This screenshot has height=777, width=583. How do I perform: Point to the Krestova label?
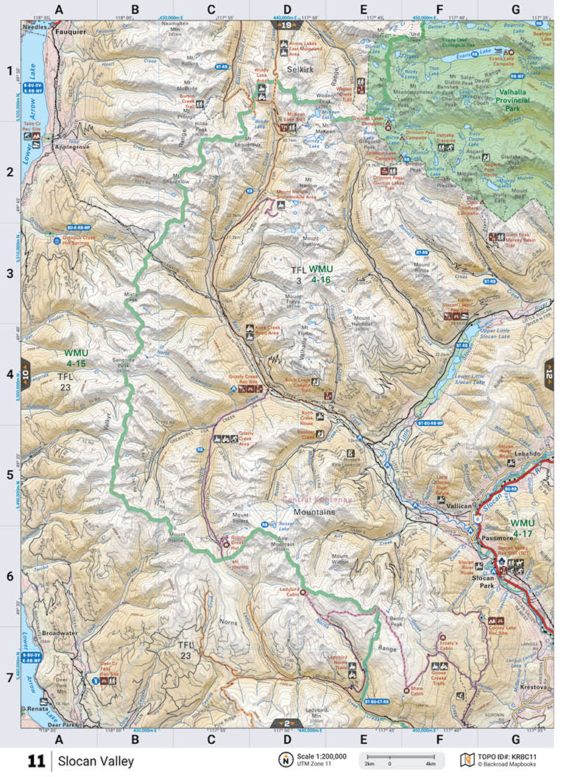pyautogui.click(x=528, y=686)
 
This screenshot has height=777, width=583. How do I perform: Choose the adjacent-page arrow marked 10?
pyautogui.click(x=25, y=373)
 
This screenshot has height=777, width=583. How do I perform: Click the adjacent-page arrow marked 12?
pyautogui.click(x=548, y=373)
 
